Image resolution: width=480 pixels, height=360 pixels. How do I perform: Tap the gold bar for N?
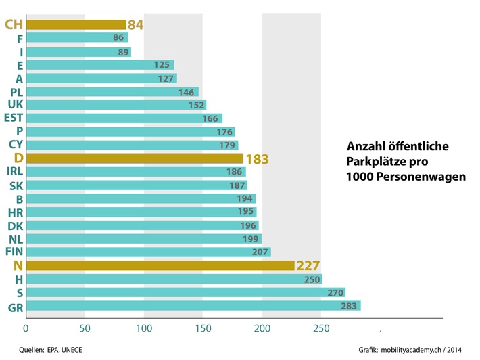click(x=160, y=265)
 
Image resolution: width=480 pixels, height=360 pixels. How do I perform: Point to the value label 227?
click(x=307, y=265)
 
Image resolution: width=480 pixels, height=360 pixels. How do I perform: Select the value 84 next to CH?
click(x=135, y=25)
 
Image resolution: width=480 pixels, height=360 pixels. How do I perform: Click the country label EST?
click(x=13, y=118)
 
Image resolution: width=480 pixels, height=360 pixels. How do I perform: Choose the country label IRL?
click(x=14, y=171)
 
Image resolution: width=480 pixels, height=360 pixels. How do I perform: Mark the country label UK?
click(x=16, y=104)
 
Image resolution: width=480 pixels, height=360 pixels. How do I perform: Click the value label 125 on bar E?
click(x=162, y=65)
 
